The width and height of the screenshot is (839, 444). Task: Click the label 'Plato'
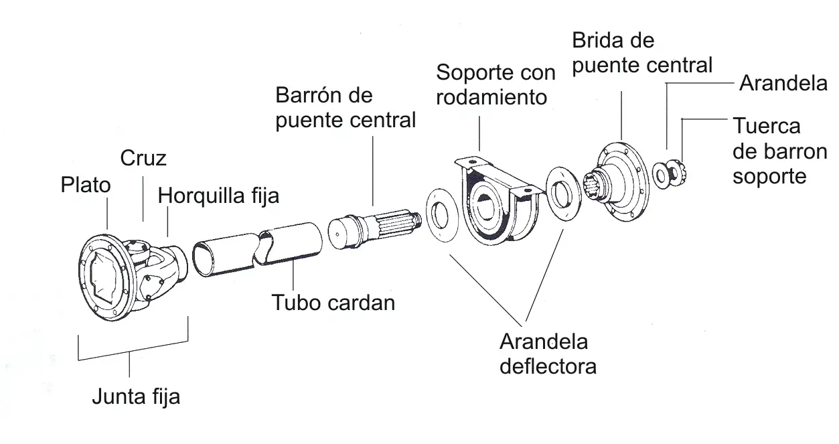[86, 185]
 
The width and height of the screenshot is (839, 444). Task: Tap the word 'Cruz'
[143, 158]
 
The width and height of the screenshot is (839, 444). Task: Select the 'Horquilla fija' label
[218, 196]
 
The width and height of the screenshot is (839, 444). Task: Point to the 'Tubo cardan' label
[333, 303]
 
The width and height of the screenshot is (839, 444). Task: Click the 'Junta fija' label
[136, 396]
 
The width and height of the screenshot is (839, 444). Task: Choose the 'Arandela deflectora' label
[548, 354]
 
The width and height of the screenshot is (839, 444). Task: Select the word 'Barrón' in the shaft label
[311, 95]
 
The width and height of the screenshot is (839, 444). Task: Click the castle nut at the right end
[678, 173]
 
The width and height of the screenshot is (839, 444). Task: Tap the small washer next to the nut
[661, 175]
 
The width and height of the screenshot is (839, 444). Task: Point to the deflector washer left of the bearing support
[443, 215]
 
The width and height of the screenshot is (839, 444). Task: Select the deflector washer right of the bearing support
[564, 194]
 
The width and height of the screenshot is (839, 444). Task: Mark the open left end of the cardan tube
[203, 258]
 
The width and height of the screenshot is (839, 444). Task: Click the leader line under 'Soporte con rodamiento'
[479, 133]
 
